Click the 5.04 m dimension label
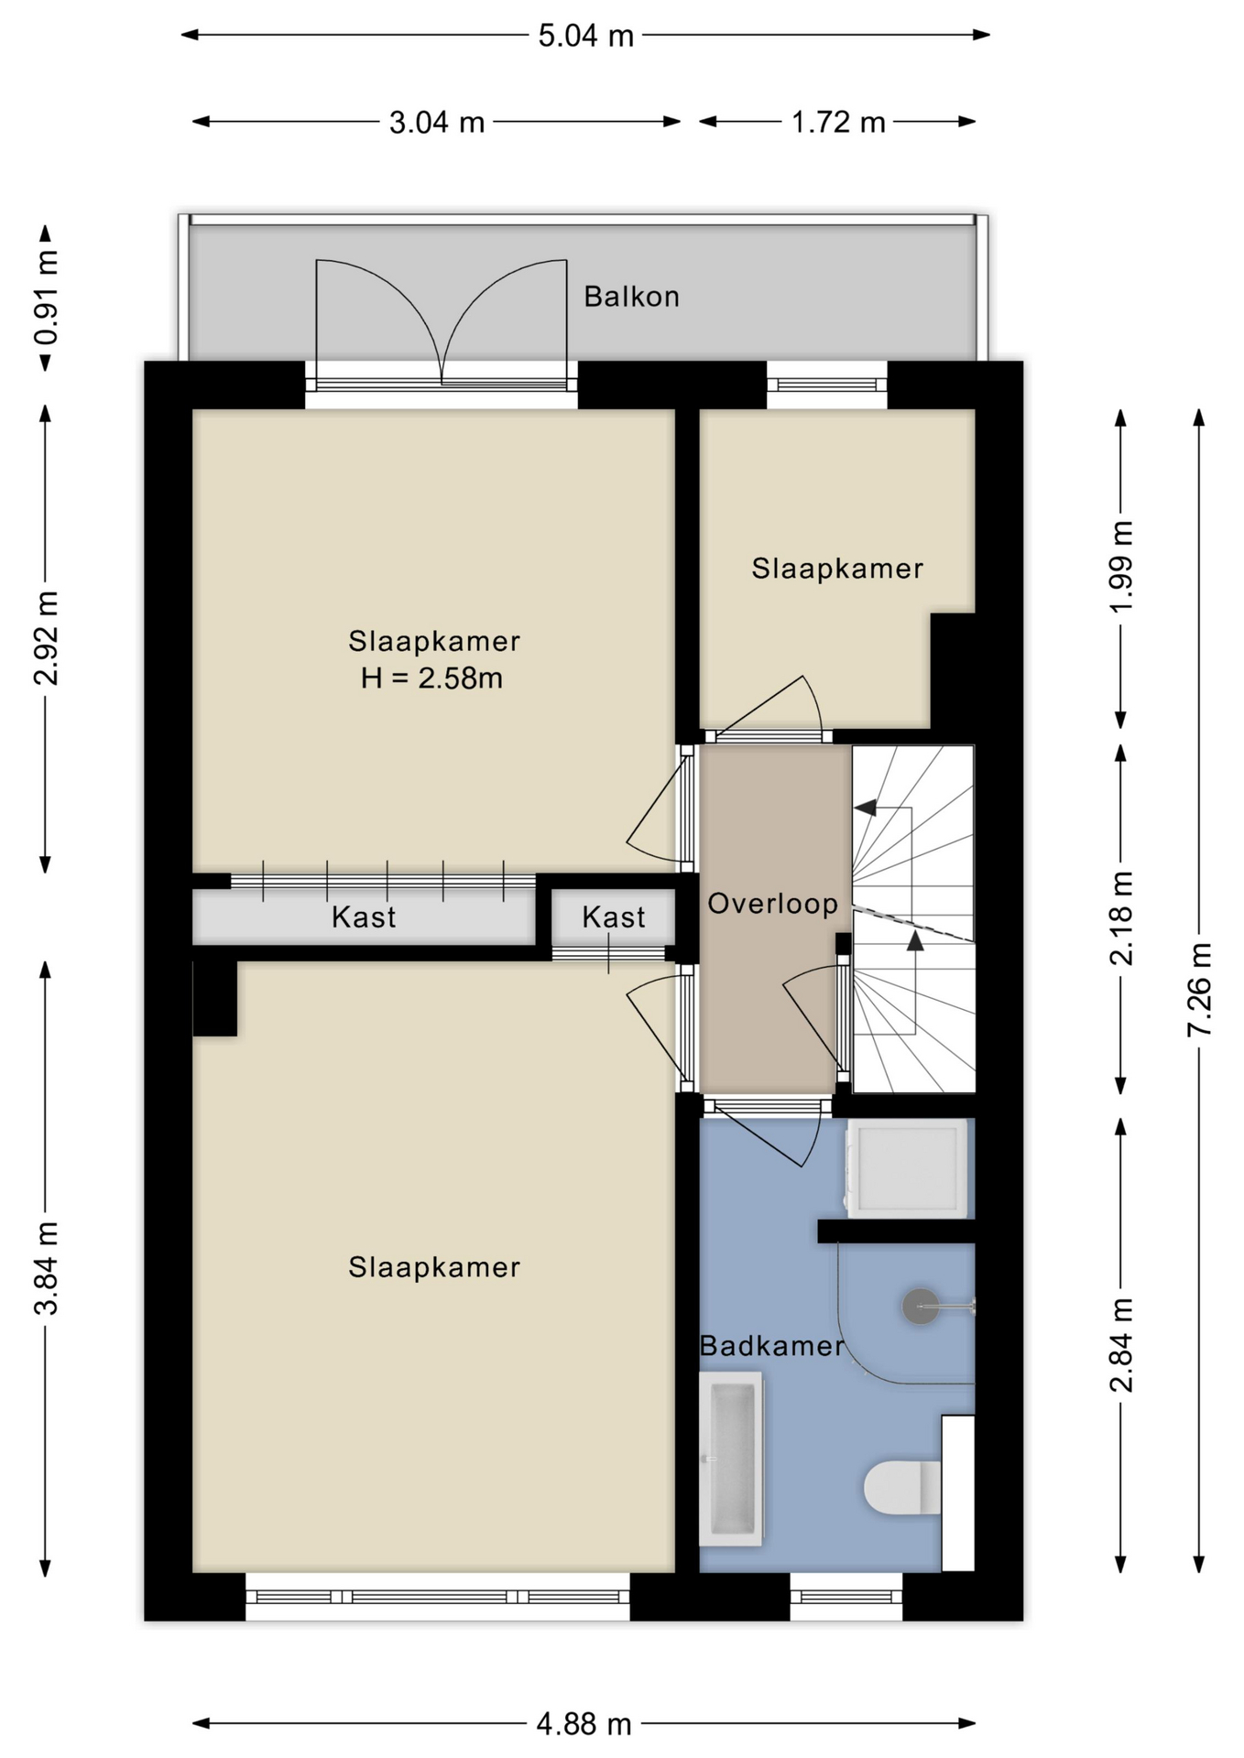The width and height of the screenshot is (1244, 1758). pyautogui.click(x=585, y=36)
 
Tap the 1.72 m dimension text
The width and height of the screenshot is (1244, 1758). pyautogui.click(x=838, y=122)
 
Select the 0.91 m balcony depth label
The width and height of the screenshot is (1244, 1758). pyautogui.click(x=46, y=298)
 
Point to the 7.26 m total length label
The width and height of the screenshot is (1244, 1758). pyautogui.click(x=1199, y=990)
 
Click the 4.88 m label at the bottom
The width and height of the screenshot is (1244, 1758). pyautogui.click(x=584, y=1725)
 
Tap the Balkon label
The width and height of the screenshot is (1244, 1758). pyautogui.click(x=631, y=297)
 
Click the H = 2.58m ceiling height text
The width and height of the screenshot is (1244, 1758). pyautogui.click(x=431, y=678)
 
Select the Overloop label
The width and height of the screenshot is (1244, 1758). pyautogui.click(x=772, y=904)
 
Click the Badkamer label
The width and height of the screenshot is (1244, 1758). pyautogui.click(x=771, y=1346)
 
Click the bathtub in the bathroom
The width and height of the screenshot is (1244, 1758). pyautogui.click(x=731, y=1460)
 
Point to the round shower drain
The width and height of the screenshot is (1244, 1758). pyautogui.click(x=921, y=1307)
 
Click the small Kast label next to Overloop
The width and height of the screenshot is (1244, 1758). pyautogui.click(x=613, y=917)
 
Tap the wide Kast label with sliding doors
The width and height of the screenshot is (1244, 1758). pyautogui.click(x=364, y=917)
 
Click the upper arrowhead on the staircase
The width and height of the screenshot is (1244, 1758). pyautogui.click(x=865, y=808)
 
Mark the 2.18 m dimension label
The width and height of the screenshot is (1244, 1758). pyautogui.click(x=1121, y=918)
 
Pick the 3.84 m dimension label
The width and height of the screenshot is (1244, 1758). pyautogui.click(x=46, y=1267)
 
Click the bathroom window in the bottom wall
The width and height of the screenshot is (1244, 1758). pyautogui.click(x=846, y=1598)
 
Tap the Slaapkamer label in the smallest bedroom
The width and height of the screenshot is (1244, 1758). pyautogui.click(x=836, y=569)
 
